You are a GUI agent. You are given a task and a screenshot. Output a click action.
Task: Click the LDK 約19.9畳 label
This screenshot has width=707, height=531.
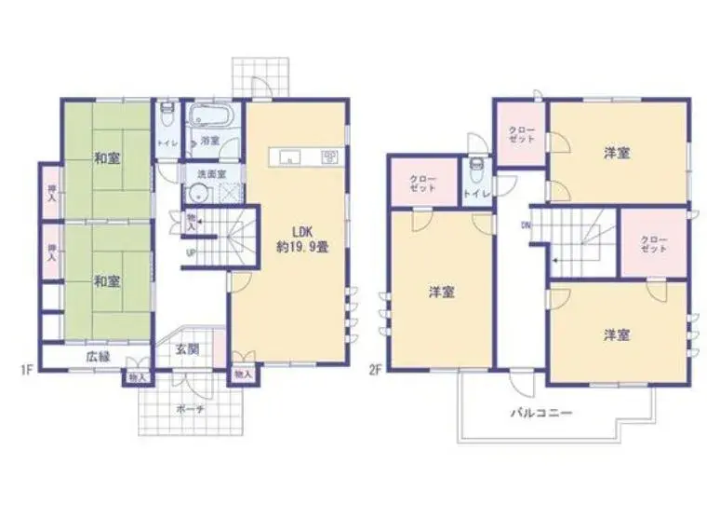coord(302,239)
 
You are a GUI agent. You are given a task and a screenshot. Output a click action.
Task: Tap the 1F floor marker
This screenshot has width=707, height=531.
coord(27,370)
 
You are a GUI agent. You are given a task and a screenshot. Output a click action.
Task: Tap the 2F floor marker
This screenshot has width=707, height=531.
coord(376,370)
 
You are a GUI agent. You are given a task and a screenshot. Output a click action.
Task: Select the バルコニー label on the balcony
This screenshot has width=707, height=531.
coord(541,413)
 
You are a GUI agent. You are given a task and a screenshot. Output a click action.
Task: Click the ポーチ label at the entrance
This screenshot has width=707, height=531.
coord(190,409)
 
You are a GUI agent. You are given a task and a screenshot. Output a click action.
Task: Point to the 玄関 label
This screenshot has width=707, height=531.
coord(187,349)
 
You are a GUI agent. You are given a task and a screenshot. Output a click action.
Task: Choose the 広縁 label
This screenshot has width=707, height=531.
coord(98,357)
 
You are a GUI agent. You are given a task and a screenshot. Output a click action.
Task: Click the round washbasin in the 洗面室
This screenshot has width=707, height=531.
coord(199,194)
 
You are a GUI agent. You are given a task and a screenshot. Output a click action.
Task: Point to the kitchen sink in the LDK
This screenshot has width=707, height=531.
coord(289,157)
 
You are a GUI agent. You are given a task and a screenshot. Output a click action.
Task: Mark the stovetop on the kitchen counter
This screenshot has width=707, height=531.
coord(328,157)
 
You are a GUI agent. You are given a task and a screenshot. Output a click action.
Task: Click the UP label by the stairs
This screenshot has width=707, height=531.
coord(192,252)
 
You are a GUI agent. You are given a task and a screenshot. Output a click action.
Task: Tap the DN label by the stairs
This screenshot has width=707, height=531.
coord(526,225)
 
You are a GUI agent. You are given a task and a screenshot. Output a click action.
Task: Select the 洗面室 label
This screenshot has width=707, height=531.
coord(212,174)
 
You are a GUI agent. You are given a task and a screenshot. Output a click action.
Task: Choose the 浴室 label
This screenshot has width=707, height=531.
coord(210,141)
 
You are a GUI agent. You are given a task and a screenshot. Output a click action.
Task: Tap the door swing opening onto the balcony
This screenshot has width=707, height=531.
coord(522,384)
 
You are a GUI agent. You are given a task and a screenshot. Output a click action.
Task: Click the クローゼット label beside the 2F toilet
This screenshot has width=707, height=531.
coord(423,184)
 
